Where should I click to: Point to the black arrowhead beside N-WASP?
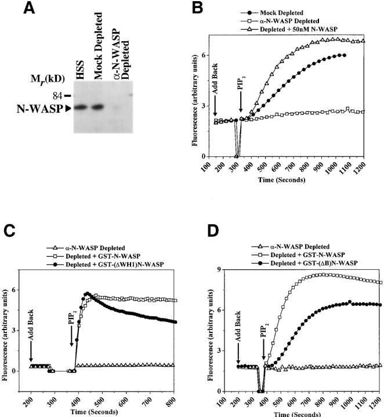pyautogui.click(x=70, y=107)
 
